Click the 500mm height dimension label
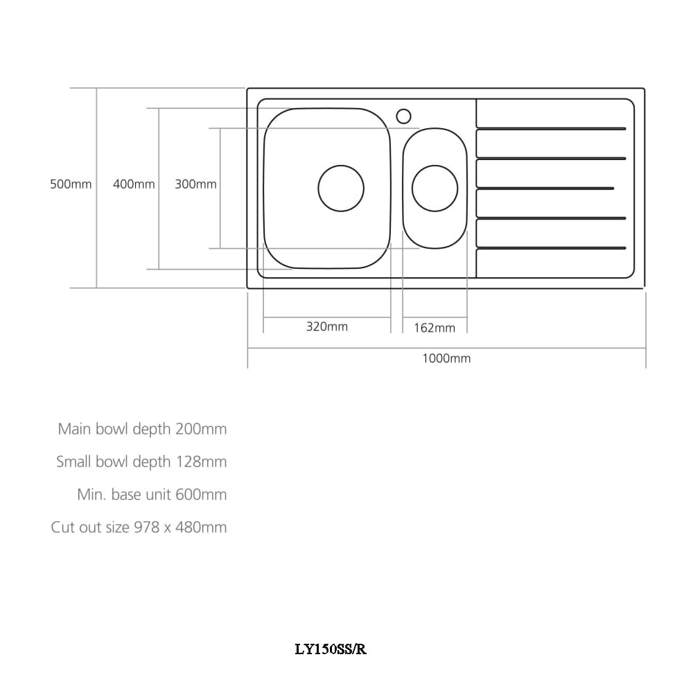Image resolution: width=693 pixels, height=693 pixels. [71, 184]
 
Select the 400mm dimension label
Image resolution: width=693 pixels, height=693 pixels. [134, 184]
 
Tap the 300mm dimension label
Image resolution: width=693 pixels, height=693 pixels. [195, 184]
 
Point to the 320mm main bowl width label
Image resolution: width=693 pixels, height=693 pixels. [327, 326]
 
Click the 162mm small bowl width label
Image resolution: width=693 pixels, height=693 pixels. [435, 328]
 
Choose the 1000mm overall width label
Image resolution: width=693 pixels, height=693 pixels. [446, 358]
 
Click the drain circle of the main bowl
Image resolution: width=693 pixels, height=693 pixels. [341, 188]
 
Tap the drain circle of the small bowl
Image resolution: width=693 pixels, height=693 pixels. [435, 188]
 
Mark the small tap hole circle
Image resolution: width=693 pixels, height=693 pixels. [403, 116]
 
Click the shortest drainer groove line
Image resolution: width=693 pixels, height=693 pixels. [545, 188]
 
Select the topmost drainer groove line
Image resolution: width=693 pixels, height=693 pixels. [551, 129]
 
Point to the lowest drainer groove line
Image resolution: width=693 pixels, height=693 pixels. [551, 248]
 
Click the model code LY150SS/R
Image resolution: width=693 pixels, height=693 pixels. [331, 649]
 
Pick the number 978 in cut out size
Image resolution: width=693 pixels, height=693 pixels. [147, 527]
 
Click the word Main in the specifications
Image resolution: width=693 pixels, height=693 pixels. [75, 429]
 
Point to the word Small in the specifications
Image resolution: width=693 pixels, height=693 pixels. [74, 462]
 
